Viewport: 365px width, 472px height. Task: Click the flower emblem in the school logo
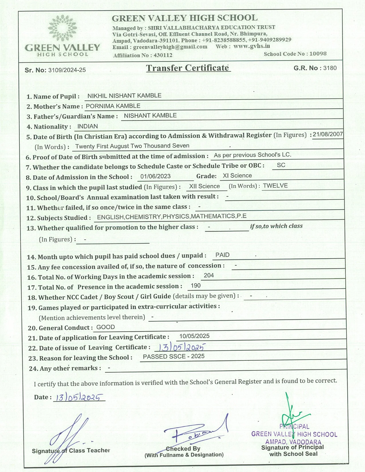pos(62,28)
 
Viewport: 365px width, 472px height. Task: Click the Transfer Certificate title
pos(188,68)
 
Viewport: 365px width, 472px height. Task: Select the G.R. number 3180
pos(330,68)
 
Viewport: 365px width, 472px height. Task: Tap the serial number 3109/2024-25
pos(67,70)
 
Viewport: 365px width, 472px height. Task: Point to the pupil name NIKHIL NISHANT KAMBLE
pos(124,96)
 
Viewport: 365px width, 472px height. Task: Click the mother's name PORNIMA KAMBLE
pos(113,106)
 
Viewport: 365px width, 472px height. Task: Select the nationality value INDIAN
pos(88,126)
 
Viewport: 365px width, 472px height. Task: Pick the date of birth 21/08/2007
pos(327,134)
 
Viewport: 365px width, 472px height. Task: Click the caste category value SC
pos(281,165)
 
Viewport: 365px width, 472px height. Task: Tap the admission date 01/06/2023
pos(155,176)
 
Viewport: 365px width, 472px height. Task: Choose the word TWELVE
pos(275,186)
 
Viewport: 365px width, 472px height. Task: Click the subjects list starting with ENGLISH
pos(171,217)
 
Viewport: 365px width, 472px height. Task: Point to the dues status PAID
pos(222,255)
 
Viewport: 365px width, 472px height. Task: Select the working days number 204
pos(209,275)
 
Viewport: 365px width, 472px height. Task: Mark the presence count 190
pos(196,285)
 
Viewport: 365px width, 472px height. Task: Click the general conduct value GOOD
pos(106,327)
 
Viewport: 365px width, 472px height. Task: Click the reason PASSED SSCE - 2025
pos(173,356)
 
